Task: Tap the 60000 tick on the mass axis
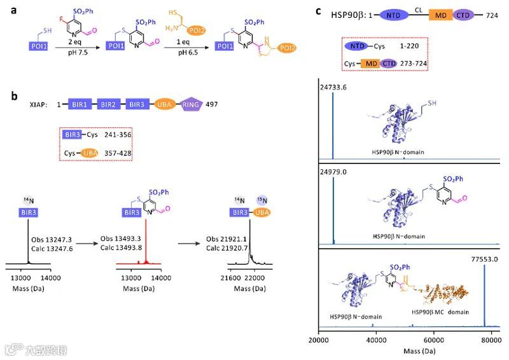(434, 341)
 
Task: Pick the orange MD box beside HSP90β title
(440, 15)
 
